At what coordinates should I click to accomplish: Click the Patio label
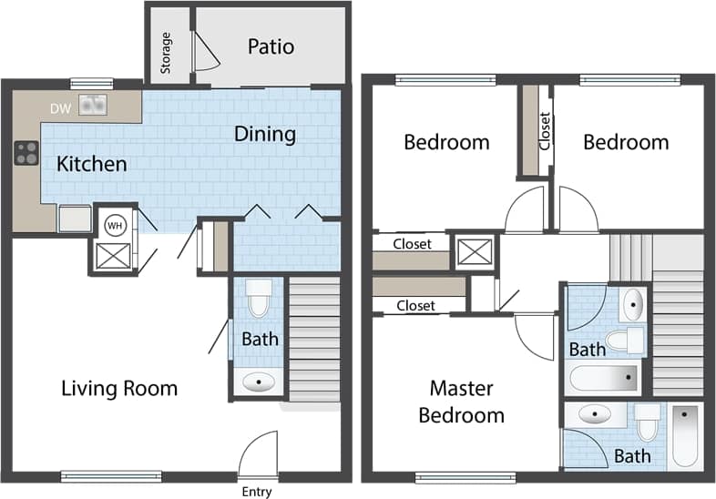point(271,46)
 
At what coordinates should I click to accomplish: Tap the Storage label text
point(166,54)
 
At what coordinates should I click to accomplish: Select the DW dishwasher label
point(60,108)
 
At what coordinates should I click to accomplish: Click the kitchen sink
point(92,106)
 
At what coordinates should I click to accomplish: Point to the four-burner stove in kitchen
point(26,154)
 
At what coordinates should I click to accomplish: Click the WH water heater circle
point(115,224)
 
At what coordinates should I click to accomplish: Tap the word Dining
point(265,134)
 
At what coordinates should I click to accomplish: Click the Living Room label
point(119,389)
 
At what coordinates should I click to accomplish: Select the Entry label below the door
point(257,492)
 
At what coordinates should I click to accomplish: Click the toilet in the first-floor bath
point(260,298)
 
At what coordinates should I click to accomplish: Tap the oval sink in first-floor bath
point(260,382)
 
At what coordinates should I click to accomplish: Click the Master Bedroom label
point(466,402)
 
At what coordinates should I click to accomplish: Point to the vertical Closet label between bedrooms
point(545,131)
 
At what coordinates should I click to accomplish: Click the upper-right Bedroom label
point(626,142)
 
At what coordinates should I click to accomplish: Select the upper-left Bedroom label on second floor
point(446,142)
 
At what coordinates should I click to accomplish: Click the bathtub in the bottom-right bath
point(684,436)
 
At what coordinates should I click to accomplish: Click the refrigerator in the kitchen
point(75,219)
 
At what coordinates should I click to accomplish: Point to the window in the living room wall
point(111,475)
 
